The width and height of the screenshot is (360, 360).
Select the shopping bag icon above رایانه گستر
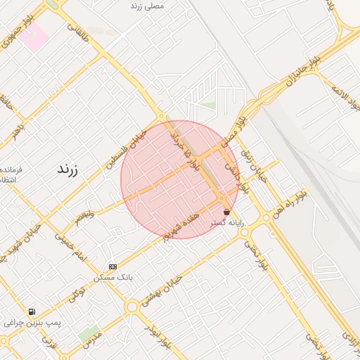(x=226, y=212)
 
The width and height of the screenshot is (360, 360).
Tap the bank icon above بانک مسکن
(x=112, y=267)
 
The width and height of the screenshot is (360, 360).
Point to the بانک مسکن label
(x=112, y=278)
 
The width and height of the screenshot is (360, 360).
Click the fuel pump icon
(x=32, y=311)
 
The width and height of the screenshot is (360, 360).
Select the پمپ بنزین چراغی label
(x=32, y=323)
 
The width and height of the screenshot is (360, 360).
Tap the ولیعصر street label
(x=84, y=215)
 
